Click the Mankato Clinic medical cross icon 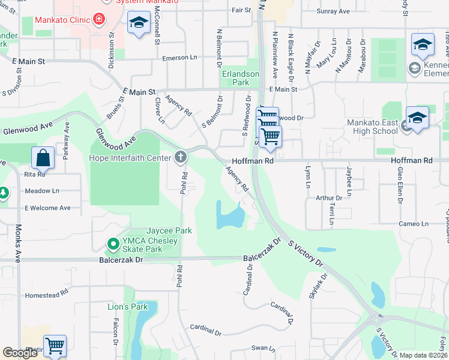coord(99,20)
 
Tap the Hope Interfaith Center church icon coord(180,158)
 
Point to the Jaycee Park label coord(170,230)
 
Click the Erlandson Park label coord(241,78)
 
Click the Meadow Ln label coord(43,191)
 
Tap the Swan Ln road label coord(263,347)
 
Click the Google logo coord(20,353)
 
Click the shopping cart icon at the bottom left coord(55,346)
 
